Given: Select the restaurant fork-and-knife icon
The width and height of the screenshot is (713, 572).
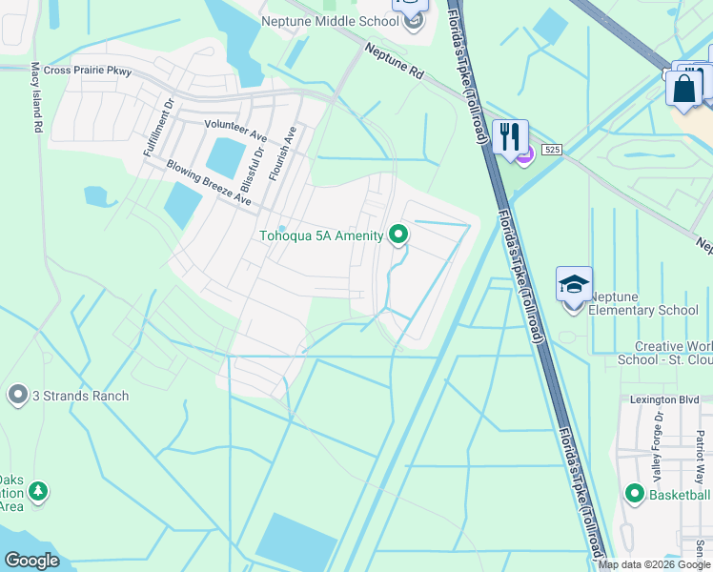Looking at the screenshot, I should pyautogui.click(x=510, y=135).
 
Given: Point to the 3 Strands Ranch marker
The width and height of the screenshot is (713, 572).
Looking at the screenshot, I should pyautogui.click(x=17, y=395).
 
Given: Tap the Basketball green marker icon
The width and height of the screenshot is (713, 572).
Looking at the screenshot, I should pyautogui.click(x=635, y=493).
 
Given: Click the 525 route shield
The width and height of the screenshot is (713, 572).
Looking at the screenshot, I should pyautogui.click(x=552, y=150).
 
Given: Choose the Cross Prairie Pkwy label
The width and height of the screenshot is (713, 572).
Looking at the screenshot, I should pyautogui.click(x=86, y=71).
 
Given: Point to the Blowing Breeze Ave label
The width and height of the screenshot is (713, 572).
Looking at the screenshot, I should pyautogui.click(x=209, y=182).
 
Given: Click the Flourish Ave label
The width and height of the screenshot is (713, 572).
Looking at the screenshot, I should pyautogui.click(x=283, y=153).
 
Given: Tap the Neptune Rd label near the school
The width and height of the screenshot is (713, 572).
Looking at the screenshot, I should pyautogui.click(x=393, y=58).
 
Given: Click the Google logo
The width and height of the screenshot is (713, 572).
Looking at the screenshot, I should pyautogui.click(x=31, y=561).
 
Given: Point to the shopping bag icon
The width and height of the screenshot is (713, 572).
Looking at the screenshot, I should pyautogui.click(x=683, y=89).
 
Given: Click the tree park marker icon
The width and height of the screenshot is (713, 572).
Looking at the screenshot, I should pyautogui.click(x=38, y=492).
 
